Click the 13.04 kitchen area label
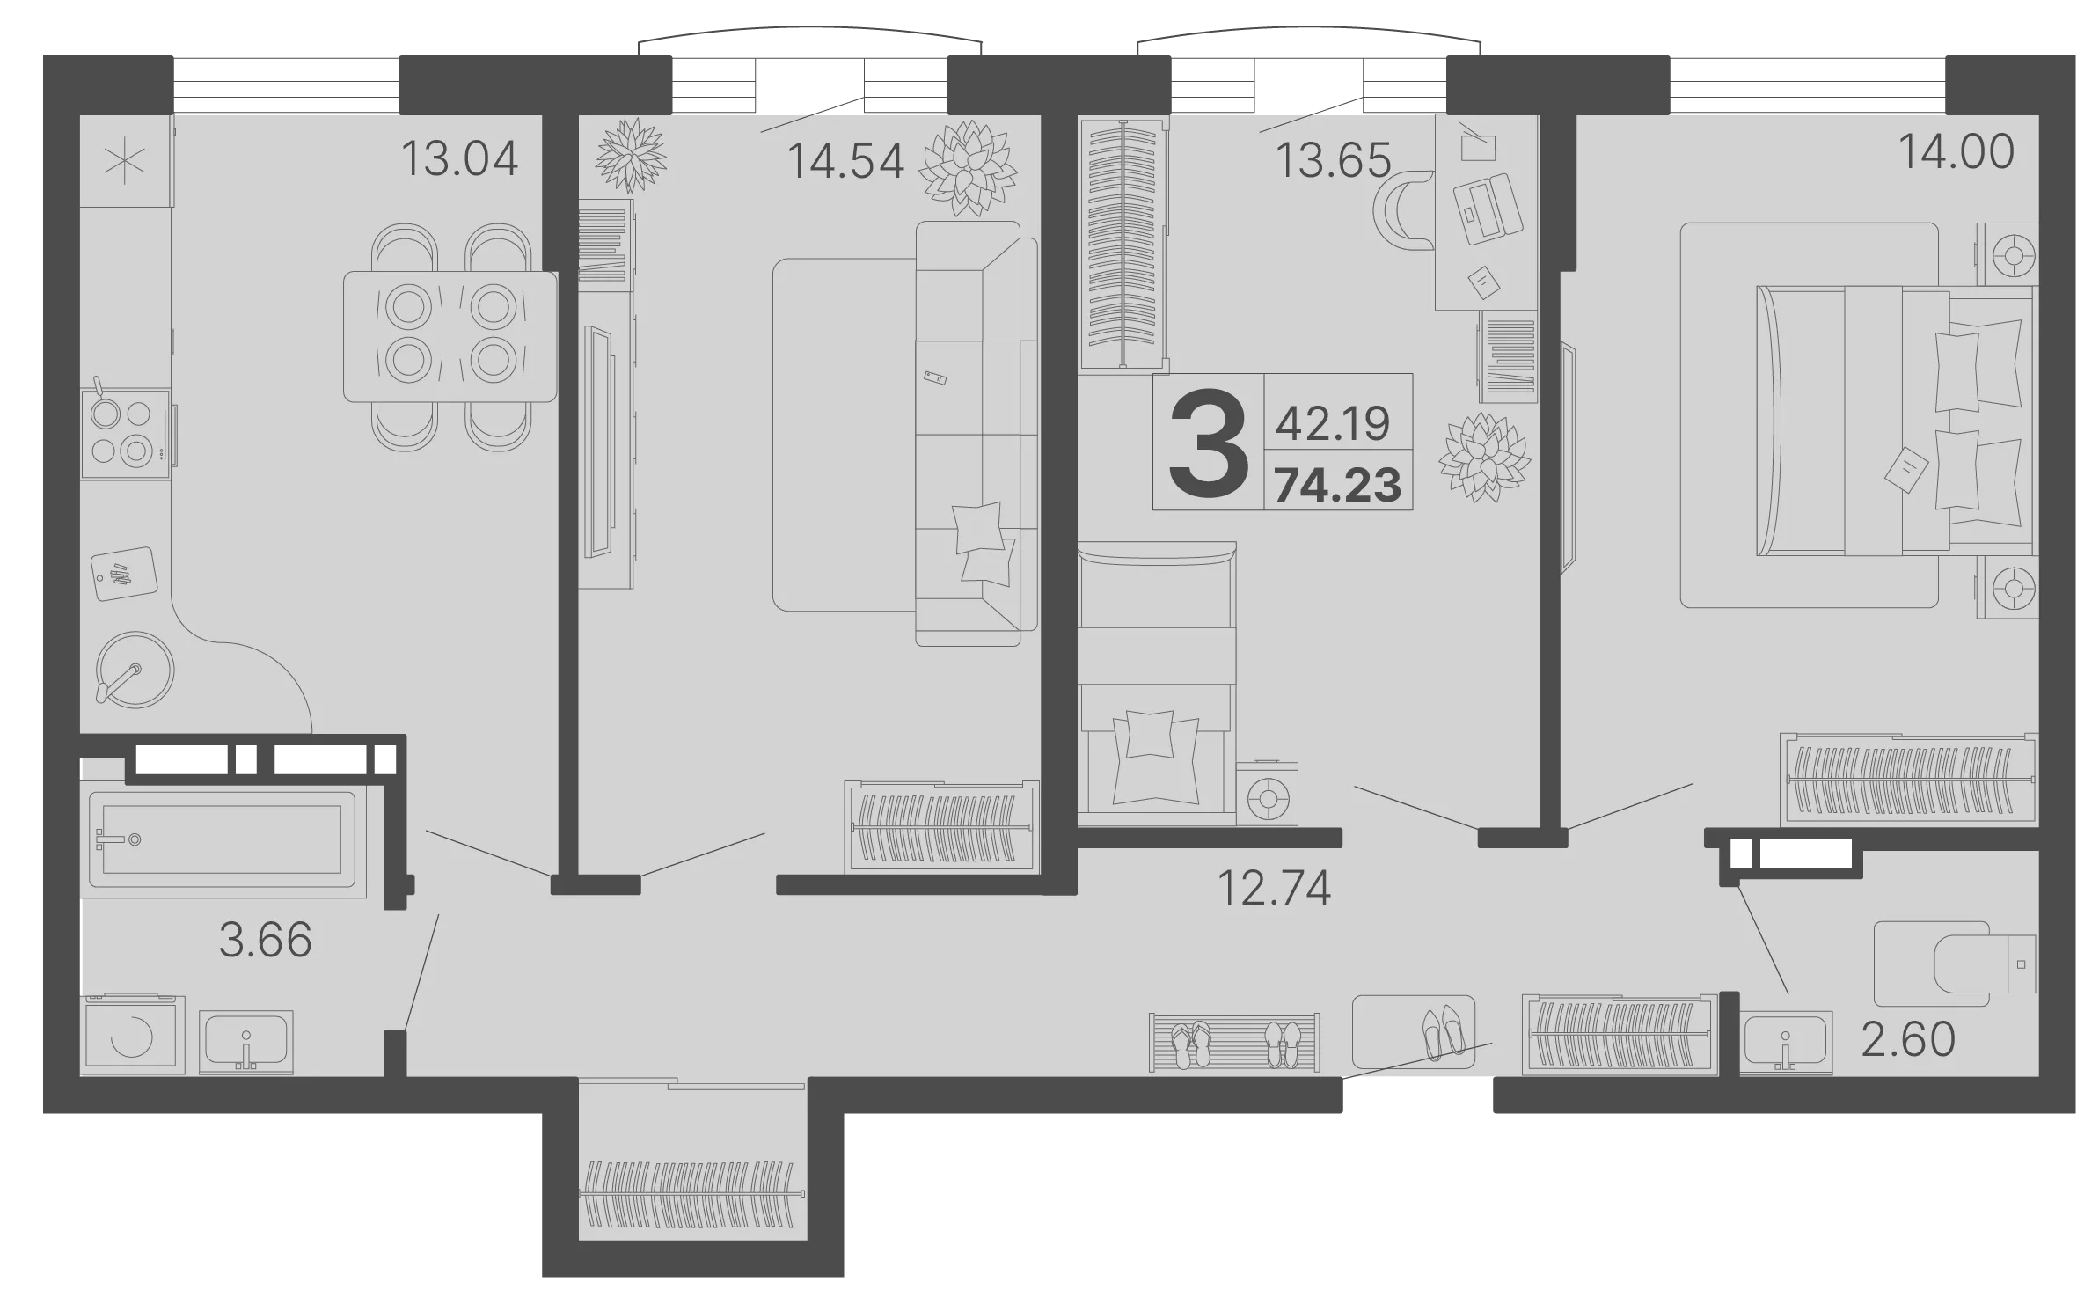pyautogui.click(x=459, y=159)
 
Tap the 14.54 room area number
pyautogui.click(x=845, y=162)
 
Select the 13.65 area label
pyautogui.click(x=1333, y=161)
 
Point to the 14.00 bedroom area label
pyautogui.click(x=1956, y=151)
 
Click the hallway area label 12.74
pyautogui.click(x=1274, y=888)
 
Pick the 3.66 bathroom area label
pyautogui.click(x=266, y=940)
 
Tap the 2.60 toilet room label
pyautogui.click(x=1908, y=1039)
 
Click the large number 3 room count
pyautogui.click(x=1209, y=442)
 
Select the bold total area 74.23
pyautogui.click(x=1338, y=485)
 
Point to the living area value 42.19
pyautogui.click(x=1333, y=424)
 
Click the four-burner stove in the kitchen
pyautogui.click(x=126, y=435)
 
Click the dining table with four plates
pyautogui.click(x=450, y=337)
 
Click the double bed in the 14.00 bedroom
pyautogui.click(x=1895, y=421)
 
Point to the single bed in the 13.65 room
pyautogui.click(x=1157, y=684)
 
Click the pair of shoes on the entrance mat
pyautogui.click(x=1443, y=1031)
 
